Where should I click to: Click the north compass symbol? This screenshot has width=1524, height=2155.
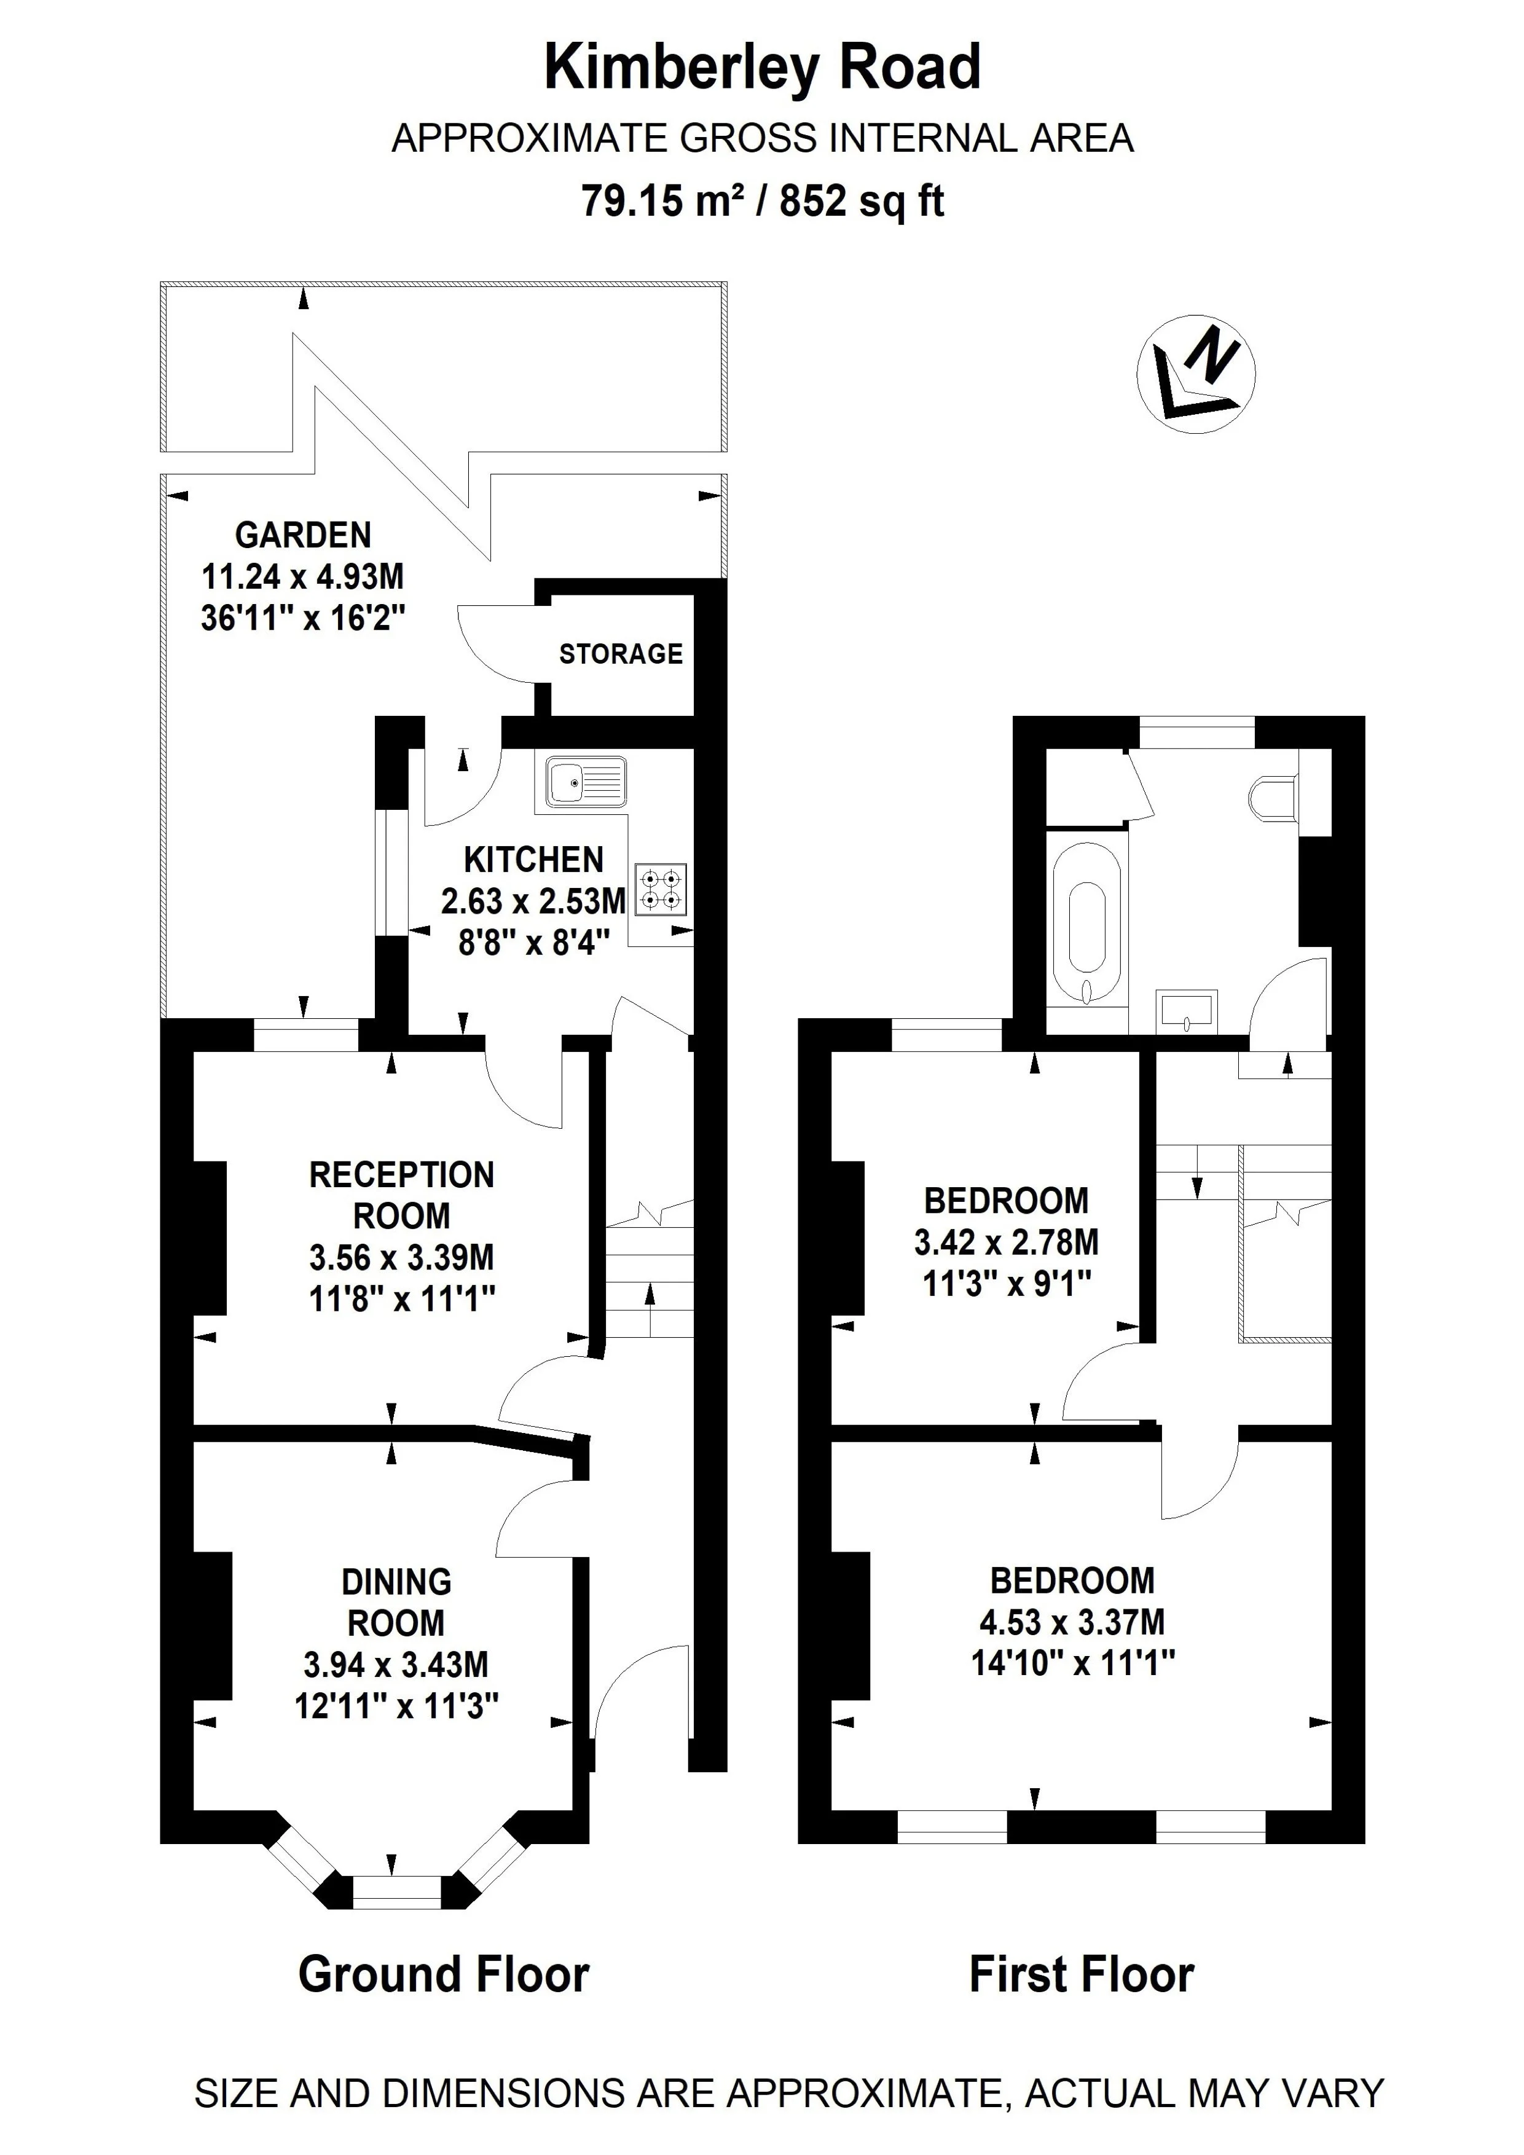1196,374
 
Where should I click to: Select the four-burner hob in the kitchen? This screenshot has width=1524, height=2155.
661,889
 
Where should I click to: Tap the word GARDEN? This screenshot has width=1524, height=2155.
303,535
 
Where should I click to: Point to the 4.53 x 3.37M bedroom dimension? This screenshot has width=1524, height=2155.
1072,1622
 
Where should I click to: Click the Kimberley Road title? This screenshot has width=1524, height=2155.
762,68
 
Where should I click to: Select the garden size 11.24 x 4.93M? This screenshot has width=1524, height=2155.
303,576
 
